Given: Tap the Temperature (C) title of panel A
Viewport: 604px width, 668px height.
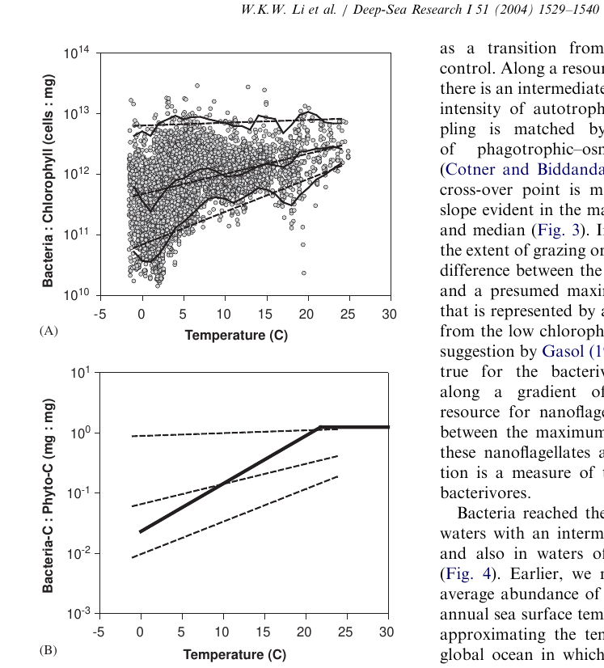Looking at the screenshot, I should click(x=236, y=335).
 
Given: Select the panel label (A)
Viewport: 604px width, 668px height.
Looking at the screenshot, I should click(x=49, y=331).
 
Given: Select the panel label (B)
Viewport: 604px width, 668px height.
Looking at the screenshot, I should click(x=49, y=649).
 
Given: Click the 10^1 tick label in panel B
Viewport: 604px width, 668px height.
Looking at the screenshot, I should click(x=81, y=373).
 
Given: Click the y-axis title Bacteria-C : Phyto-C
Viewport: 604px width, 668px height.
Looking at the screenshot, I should click(x=49, y=495).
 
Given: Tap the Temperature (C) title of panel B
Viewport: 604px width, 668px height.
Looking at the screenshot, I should click(x=236, y=654).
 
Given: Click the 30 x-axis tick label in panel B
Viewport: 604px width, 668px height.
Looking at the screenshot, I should click(x=389, y=631).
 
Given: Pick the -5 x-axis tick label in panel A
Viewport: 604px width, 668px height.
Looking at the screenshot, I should click(x=100, y=313).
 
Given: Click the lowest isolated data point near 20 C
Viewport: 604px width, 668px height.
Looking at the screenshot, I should click(x=304, y=273).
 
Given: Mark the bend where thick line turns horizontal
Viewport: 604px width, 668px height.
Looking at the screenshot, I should click(x=320, y=426).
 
